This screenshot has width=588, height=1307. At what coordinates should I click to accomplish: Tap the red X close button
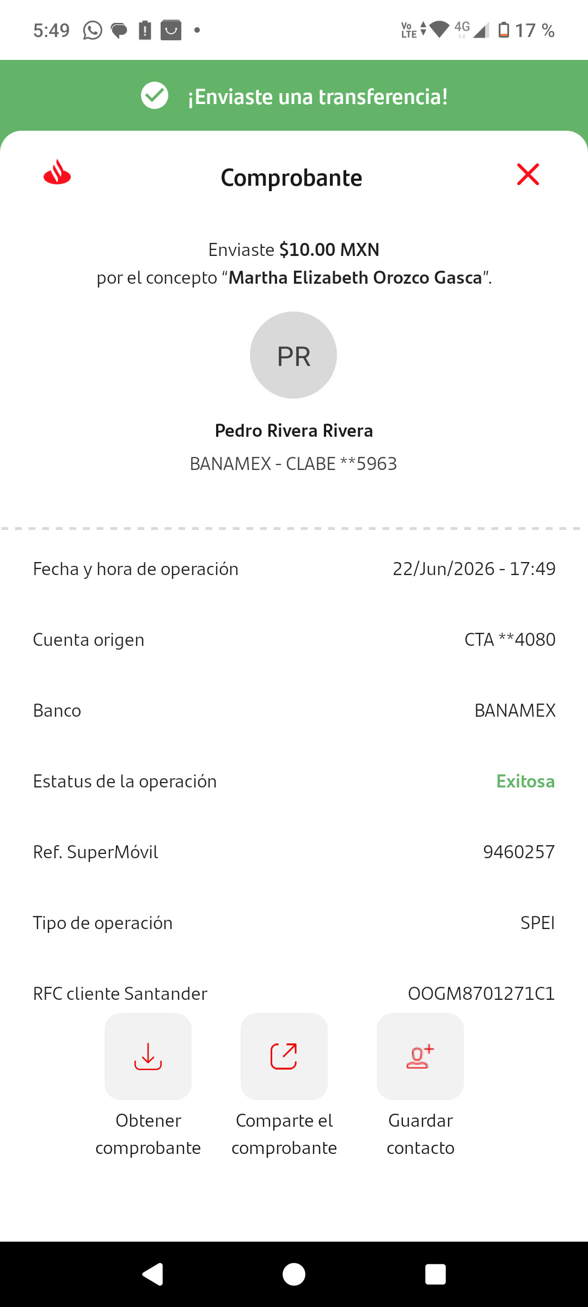(x=528, y=174)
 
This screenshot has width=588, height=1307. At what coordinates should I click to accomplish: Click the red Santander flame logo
(x=57, y=172)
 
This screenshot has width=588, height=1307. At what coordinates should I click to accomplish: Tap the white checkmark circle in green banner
(x=155, y=95)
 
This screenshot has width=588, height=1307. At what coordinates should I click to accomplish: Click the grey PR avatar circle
(x=293, y=355)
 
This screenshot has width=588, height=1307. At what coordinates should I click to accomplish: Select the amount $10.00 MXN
(x=329, y=249)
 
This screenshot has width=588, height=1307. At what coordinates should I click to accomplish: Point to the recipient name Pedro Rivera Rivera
(x=294, y=430)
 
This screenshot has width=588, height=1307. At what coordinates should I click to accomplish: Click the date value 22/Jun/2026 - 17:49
(x=474, y=569)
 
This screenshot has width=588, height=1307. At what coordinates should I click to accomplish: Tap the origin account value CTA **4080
(x=510, y=639)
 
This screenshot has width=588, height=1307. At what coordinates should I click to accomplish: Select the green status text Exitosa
(x=525, y=781)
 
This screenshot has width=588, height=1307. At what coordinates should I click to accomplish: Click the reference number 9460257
(x=519, y=852)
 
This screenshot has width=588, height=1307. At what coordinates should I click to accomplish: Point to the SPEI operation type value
(x=537, y=923)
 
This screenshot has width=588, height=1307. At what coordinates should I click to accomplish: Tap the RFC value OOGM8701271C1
(x=481, y=993)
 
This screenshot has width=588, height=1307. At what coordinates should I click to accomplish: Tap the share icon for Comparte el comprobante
(x=284, y=1056)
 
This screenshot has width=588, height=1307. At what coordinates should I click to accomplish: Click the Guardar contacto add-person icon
(x=420, y=1056)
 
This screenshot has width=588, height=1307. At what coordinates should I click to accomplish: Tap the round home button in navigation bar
(x=294, y=1274)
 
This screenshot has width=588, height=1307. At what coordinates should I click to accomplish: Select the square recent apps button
(x=436, y=1274)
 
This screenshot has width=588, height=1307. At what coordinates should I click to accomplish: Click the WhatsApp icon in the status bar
(x=93, y=30)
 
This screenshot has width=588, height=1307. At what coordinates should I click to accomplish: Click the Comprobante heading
(x=291, y=178)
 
